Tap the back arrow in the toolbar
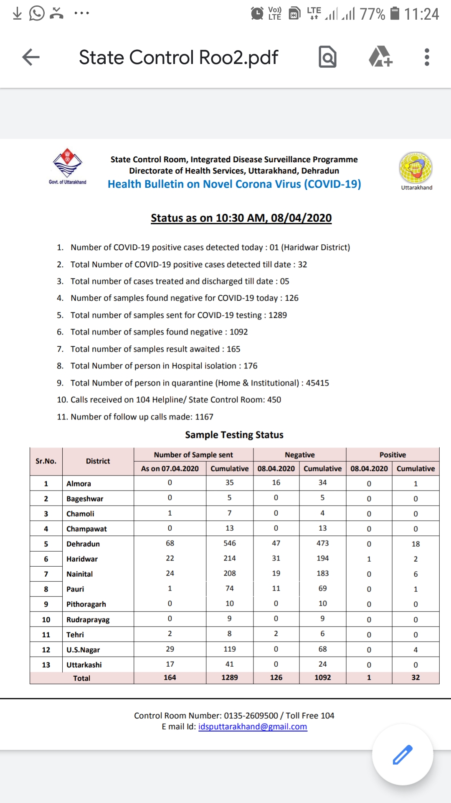tap(31, 57)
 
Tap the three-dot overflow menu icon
tap(426, 57)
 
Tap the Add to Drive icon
tap(380, 57)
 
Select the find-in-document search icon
tap(327, 57)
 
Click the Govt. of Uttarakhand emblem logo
tap(68, 164)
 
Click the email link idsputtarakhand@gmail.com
tap(253, 726)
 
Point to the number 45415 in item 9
tap(317, 383)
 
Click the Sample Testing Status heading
tap(234, 435)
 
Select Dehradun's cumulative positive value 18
tap(416, 544)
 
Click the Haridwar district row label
tap(82, 559)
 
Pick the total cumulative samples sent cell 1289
tap(229, 678)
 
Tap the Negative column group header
tap(299, 455)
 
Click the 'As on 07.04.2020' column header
tap(170, 468)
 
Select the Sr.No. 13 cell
tap(46, 665)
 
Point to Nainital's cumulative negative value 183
tap(322, 573)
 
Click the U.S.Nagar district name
tap(83, 650)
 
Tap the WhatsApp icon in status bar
tap(37, 13)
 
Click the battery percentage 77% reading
tap(372, 14)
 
